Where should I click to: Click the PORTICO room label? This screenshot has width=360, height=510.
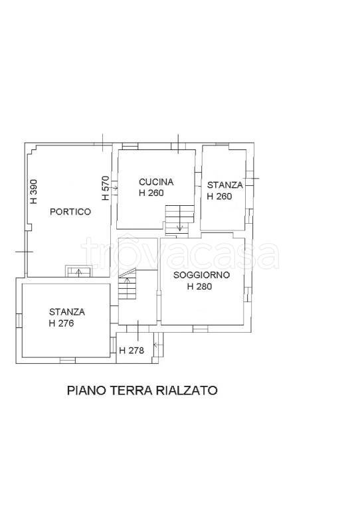(70, 212)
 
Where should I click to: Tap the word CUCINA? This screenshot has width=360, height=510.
(156, 182)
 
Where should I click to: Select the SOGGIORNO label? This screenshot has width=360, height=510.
(202, 275)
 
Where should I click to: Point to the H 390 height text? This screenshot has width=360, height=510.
(34, 192)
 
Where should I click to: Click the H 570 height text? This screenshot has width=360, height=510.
(106, 188)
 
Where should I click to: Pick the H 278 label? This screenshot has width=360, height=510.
(132, 351)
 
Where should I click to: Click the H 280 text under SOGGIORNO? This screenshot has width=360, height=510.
(200, 286)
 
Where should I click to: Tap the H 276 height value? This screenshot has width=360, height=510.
(61, 323)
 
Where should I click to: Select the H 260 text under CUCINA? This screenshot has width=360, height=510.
(151, 193)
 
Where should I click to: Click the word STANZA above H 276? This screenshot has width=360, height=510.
(67, 312)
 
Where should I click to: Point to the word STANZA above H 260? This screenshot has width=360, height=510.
(225, 185)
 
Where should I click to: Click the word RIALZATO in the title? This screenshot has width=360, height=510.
(187, 390)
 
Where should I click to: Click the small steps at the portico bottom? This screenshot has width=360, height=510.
(79, 271)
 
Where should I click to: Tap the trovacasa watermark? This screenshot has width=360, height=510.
(180, 254)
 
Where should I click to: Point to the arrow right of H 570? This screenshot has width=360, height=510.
(115, 188)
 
